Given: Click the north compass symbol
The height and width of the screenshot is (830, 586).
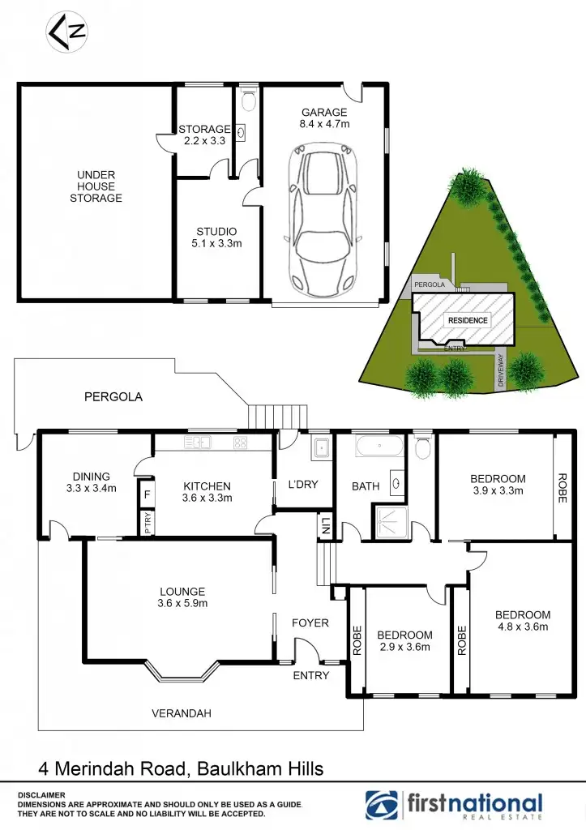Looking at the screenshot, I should (x=67, y=32).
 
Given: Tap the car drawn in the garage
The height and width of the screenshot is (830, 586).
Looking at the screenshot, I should (x=323, y=217).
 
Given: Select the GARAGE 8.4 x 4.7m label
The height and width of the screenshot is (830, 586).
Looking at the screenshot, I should (x=324, y=118).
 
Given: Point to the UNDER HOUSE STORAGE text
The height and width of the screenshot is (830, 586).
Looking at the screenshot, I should (x=96, y=186).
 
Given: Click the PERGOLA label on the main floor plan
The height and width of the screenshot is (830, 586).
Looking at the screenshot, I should (x=113, y=397).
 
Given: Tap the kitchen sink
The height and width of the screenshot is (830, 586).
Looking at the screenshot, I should (x=196, y=443).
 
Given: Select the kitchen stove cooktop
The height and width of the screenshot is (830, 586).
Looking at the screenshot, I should (x=241, y=443).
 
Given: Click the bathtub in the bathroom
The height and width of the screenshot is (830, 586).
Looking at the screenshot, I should (x=379, y=446).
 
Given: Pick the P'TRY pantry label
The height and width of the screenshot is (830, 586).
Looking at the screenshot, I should (x=147, y=520).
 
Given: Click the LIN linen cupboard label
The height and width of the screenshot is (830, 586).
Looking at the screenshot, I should (x=325, y=524).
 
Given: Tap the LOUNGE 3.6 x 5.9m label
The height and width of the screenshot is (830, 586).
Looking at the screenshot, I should (x=182, y=597).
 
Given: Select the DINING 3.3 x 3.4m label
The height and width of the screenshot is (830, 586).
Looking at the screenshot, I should (x=89, y=482).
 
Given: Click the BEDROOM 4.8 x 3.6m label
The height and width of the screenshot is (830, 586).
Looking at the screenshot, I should (x=522, y=621).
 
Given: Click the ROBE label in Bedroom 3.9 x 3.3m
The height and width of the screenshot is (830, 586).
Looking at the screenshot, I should (x=562, y=488).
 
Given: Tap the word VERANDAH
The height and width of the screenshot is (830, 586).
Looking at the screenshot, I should (x=182, y=713).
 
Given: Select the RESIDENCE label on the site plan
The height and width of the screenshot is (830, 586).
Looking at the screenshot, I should (x=468, y=320).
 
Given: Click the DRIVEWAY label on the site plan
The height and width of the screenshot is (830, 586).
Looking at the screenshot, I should (x=501, y=372).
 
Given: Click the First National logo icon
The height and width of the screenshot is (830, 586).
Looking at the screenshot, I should (x=382, y=804).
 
